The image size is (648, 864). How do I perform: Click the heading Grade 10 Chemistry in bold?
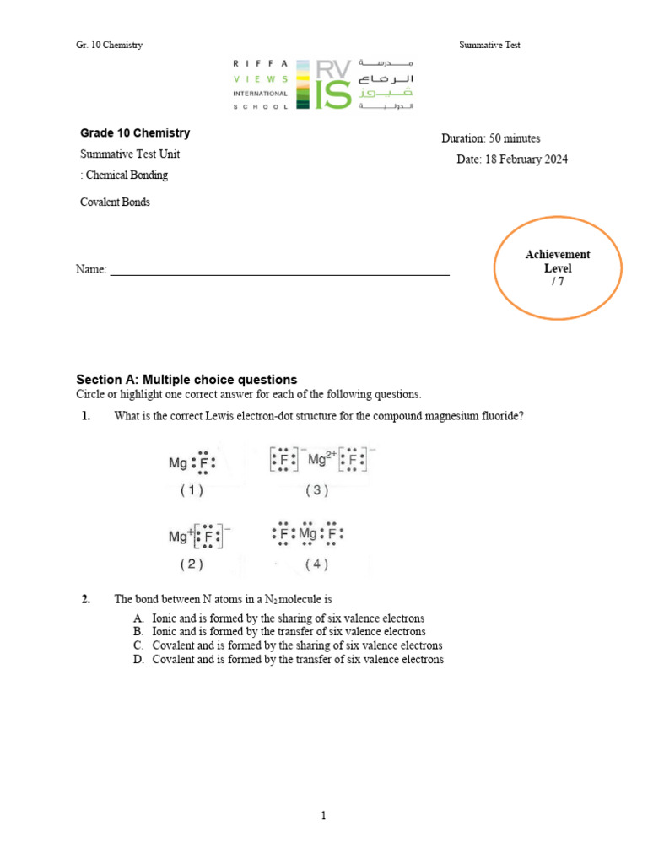click(135, 133)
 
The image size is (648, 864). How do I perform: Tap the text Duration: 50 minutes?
click(490, 138)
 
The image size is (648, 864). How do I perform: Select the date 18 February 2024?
click(526, 159)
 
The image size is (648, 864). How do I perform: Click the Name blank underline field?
click(279, 271)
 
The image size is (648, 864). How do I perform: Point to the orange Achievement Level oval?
click(557, 268)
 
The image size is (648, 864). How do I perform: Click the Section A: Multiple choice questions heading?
click(186, 380)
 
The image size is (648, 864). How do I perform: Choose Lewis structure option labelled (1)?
click(192, 462)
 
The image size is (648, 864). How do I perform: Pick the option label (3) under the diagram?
click(318, 490)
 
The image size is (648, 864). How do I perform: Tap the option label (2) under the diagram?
click(192, 564)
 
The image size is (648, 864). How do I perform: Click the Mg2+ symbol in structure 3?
click(321, 459)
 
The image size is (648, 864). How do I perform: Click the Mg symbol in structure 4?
click(307, 534)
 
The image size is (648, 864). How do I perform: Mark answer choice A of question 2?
click(288, 618)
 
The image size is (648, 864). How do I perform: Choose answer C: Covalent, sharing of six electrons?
click(297, 645)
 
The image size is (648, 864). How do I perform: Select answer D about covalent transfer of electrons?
click(297, 659)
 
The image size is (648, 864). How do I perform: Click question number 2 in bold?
click(86, 599)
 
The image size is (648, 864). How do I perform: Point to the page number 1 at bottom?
click(323, 815)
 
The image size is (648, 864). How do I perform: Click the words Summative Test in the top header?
click(489, 45)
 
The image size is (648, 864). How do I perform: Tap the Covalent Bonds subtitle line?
click(115, 202)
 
